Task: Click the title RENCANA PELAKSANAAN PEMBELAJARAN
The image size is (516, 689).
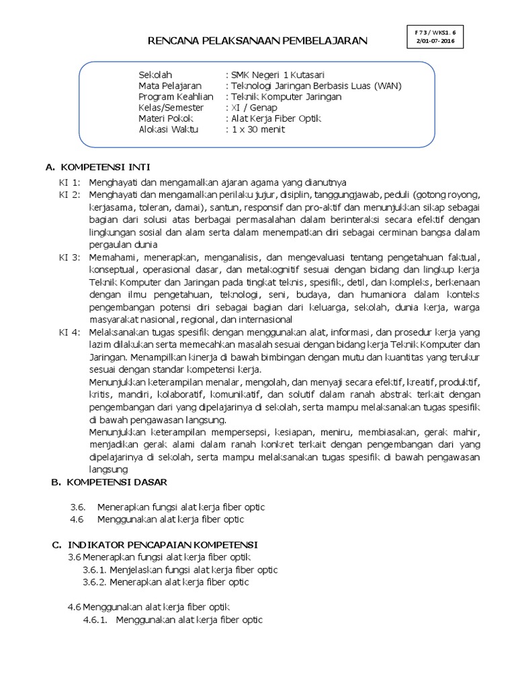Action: [x=257, y=41]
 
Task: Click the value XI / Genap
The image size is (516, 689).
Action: [x=253, y=108]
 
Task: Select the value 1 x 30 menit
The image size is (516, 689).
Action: [x=256, y=130]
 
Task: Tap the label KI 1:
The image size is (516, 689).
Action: [x=69, y=182]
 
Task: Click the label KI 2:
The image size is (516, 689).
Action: [x=69, y=194]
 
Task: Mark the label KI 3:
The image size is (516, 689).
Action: [x=69, y=257]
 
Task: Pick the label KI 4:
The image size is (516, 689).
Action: [x=69, y=332]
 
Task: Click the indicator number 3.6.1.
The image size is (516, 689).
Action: [x=95, y=569]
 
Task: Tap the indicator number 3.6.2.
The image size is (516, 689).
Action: [x=95, y=582]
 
